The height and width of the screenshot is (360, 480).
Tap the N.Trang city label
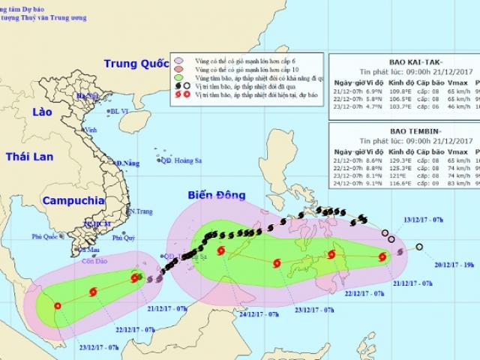click(x=139, y=212)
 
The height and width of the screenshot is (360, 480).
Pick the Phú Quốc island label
click(x=45, y=237)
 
